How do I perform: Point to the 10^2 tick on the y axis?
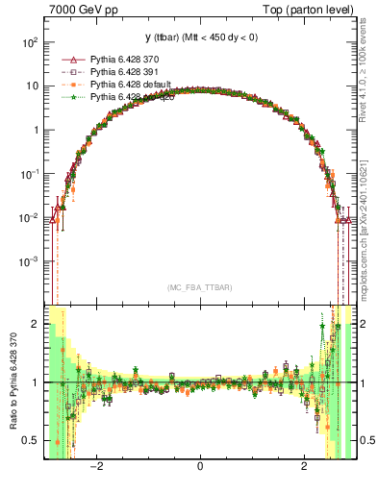31,42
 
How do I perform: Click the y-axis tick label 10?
33,86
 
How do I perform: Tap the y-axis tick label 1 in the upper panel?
37,130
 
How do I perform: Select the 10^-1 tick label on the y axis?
31,173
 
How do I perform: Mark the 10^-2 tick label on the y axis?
31,217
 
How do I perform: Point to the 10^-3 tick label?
31,260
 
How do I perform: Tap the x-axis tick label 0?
200,467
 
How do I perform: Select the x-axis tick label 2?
304,467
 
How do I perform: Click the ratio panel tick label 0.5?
32,440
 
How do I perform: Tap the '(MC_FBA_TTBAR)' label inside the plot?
200,288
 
